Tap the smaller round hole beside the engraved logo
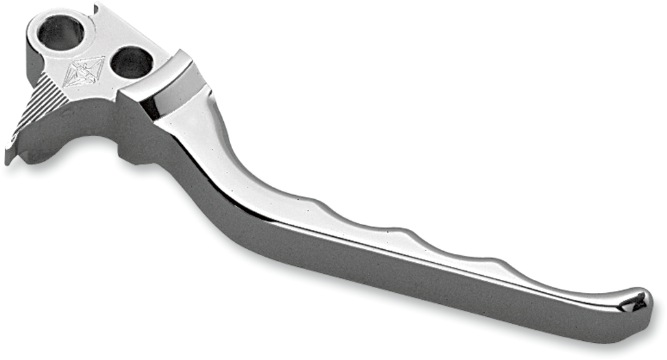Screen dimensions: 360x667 coord(131,63)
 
